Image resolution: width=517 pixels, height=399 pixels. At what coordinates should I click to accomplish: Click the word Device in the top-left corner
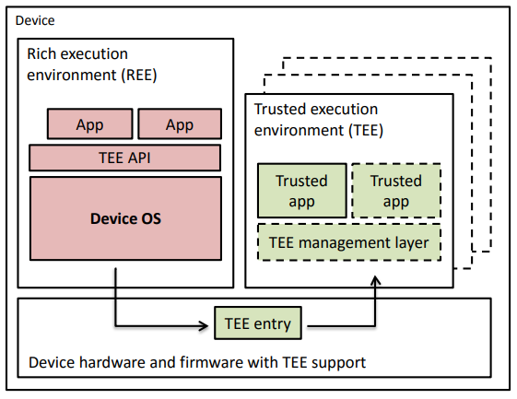pos(35,20)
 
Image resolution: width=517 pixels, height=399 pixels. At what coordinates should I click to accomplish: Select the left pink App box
pos(90,123)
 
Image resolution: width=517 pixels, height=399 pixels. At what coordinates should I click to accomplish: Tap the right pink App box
pos(180,123)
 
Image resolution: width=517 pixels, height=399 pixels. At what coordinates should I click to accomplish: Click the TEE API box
pos(125,158)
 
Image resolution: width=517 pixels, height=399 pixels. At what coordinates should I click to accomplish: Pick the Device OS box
pos(125,218)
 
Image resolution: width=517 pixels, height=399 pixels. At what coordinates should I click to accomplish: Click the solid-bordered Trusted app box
pos(302,191)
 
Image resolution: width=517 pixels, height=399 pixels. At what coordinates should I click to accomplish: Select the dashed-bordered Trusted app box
pos(396,191)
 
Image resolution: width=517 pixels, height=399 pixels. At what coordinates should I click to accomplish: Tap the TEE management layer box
pos(349,242)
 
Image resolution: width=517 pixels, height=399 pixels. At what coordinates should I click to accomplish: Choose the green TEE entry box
pos(258,323)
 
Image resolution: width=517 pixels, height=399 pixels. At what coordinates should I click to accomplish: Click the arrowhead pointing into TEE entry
pos(205,326)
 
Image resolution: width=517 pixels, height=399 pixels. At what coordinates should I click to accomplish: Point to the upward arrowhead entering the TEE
pos(375,280)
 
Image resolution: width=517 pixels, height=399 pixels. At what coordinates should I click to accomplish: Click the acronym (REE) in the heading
pos(139,75)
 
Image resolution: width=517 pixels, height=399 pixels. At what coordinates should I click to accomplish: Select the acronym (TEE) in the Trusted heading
pos(366,130)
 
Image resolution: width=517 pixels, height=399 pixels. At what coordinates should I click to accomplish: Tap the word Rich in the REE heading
pos(39,53)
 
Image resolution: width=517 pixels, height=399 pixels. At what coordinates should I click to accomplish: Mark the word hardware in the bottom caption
pos(112,362)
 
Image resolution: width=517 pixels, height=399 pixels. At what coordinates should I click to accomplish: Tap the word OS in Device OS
pos(151,218)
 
